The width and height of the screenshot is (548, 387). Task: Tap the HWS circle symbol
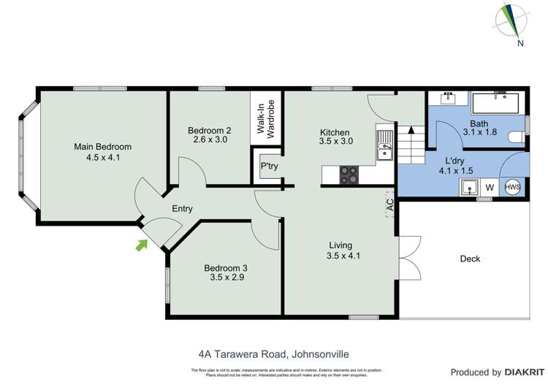pos(513,187)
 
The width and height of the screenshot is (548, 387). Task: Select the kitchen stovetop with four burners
pos(349,175)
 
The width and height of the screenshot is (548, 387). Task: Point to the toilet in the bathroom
pos(517,136)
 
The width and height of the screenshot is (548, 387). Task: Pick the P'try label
pos(267,166)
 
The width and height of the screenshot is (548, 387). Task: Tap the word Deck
pos(470,258)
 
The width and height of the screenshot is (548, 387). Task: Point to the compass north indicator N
pos(521,43)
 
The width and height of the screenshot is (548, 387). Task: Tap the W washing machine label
pos(490,188)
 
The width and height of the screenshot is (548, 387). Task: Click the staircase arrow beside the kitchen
pos(411,131)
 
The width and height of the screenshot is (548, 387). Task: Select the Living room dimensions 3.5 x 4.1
pos(344,256)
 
